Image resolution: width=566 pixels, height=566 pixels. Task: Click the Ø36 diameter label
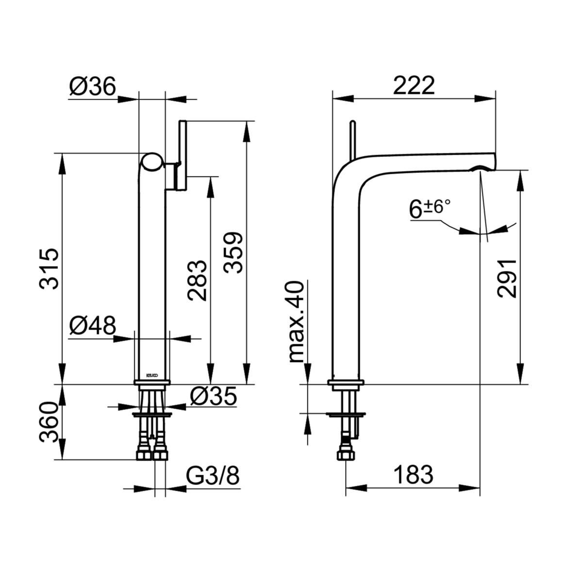click(x=93, y=87)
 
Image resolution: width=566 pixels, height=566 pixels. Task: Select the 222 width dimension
click(x=414, y=86)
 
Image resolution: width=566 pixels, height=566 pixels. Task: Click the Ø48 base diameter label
click(x=93, y=325)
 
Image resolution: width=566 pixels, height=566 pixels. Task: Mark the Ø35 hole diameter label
click(x=213, y=397)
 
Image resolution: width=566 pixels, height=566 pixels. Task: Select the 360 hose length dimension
click(x=50, y=422)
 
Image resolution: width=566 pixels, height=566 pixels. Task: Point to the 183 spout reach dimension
click(x=413, y=474)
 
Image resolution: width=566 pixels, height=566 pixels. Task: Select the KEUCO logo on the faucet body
click(x=151, y=374)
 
